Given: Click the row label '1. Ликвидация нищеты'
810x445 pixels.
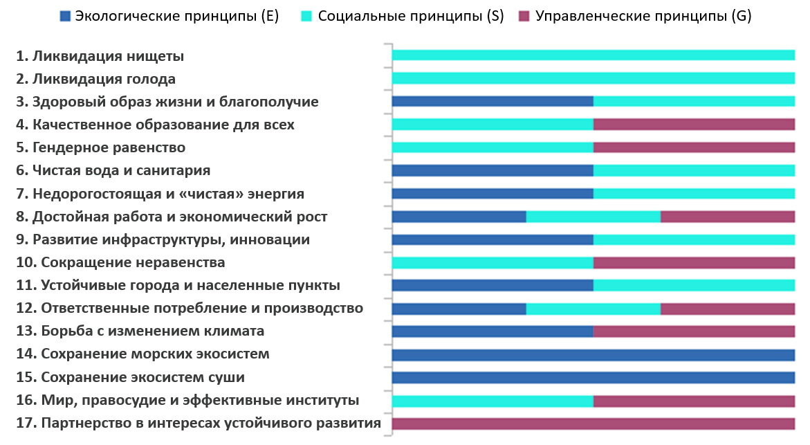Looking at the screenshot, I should pos(100,56).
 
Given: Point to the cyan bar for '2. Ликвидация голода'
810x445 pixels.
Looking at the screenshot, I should pos(593,78).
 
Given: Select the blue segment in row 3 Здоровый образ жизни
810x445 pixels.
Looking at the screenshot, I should pos(492,101).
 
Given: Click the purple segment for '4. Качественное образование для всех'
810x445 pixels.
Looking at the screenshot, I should pos(694,125).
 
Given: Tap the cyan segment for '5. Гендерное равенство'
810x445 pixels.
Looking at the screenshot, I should pos(492,147).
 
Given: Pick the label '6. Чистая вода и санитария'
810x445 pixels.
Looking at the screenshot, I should pos(113,170).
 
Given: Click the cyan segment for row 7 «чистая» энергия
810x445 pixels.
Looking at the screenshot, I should pos(694,193).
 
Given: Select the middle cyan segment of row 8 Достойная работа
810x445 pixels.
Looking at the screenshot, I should pos(593,217).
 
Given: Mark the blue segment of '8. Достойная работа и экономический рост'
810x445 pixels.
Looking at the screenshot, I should pos(459,217).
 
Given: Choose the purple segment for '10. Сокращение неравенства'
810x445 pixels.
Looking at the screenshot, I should pos(694,262).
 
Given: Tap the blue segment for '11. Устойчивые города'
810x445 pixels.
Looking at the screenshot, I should pos(492,285).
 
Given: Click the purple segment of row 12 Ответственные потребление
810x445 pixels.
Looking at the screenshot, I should pos(728,309).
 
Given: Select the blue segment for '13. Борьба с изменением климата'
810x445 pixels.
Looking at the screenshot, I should pos(492,332).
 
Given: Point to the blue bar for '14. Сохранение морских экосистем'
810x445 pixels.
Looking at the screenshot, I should pos(593,355).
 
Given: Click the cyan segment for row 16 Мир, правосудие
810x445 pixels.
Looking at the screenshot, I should pos(492,401).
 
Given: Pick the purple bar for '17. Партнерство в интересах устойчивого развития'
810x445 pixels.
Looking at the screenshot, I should pos(593,424).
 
